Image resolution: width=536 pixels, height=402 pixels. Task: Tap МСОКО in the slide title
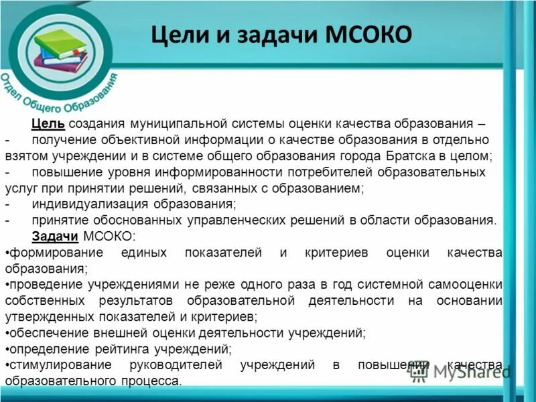coord(367,34)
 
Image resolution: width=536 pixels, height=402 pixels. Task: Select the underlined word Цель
coord(48,125)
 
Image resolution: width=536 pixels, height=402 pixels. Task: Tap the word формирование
coord(55,253)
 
